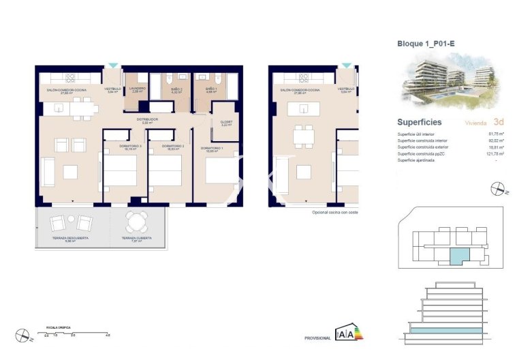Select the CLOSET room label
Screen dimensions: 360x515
tap(227, 122)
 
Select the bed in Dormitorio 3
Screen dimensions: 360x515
tap(120, 170)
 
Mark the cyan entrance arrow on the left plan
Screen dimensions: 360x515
tap(112, 66)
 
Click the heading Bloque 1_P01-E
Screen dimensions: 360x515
tap(426, 43)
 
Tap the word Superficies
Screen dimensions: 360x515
tap(419, 122)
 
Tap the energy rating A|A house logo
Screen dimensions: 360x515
tap(345, 334)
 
